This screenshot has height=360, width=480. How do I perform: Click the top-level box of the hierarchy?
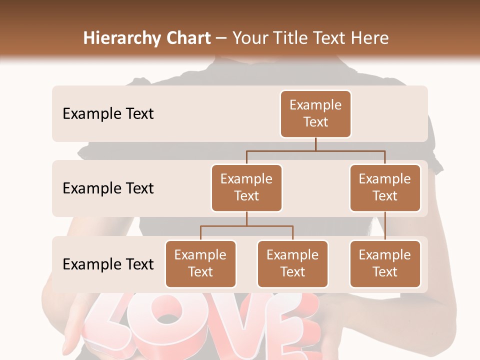315,113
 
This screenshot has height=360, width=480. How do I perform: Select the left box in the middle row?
246,187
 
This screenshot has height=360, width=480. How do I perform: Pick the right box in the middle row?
385,187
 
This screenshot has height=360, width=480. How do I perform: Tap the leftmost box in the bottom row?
200,263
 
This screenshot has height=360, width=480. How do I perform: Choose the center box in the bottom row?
292,263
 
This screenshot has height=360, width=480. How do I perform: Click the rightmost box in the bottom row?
385,263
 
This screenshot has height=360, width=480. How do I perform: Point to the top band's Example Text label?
108,113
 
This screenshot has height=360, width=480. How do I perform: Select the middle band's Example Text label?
108,188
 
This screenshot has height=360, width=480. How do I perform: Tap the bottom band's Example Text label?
108,264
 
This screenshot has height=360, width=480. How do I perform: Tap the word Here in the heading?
370,38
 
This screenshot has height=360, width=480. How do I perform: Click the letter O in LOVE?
167,320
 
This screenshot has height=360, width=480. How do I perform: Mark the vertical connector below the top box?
315,144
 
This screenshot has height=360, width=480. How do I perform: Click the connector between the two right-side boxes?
385,226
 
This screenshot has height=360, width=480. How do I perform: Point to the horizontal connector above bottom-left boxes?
246,226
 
